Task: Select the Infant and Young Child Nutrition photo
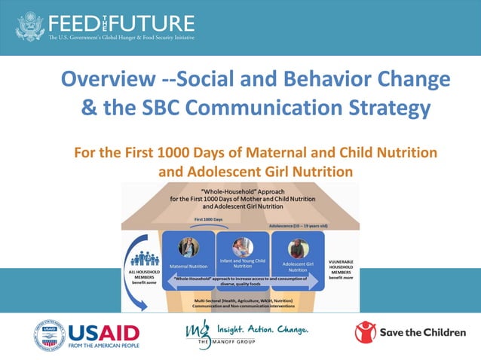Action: point(240,246)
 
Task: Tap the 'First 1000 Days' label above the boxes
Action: point(208,219)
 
